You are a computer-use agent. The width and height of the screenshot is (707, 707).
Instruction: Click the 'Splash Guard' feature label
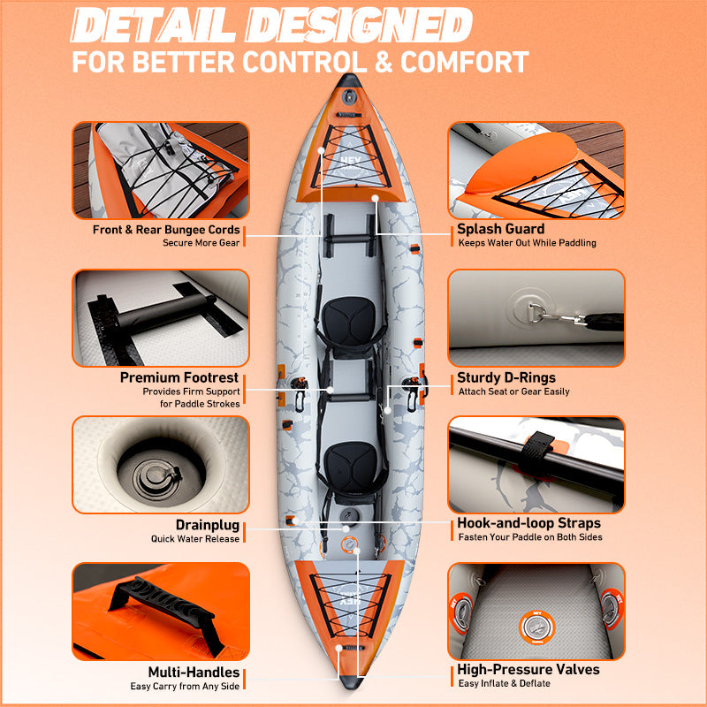click(x=500, y=229)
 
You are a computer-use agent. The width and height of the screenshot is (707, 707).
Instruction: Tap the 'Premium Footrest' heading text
click(x=179, y=377)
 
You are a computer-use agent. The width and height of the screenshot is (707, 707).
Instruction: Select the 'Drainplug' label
click(x=208, y=525)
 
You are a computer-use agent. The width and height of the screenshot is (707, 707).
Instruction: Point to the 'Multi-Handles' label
click(x=194, y=672)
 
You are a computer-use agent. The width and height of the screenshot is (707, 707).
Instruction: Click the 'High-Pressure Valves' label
click(x=528, y=669)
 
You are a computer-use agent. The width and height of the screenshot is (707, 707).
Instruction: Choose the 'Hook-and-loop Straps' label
click(x=528, y=522)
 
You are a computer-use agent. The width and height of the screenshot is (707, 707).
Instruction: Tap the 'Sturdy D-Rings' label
click(x=506, y=377)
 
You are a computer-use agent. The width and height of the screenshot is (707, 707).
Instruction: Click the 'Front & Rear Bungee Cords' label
click(x=166, y=230)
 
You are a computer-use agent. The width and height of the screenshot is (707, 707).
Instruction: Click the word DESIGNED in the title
click(x=359, y=26)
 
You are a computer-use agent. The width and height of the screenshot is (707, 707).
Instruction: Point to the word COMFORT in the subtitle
click(x=465, y=62)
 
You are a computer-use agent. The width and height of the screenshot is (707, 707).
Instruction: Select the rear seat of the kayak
click(x=351, y=465)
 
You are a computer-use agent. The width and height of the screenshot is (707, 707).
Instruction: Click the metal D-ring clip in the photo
click(x=557, y=316)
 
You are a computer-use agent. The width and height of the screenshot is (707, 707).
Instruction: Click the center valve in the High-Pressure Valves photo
click(x=536, y=627)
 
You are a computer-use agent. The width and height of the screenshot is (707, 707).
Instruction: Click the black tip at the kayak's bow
click(x=349, y=81)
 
